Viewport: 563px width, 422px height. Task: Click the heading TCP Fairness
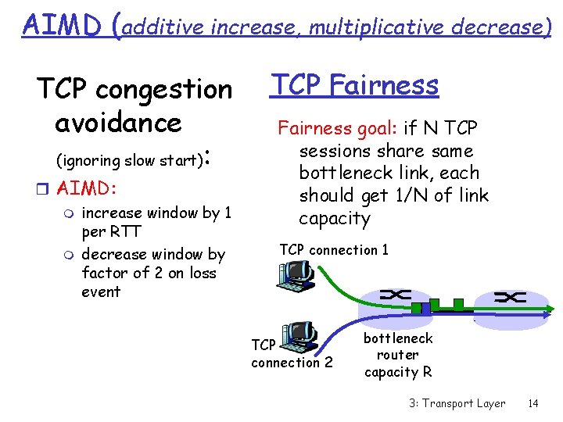point(353,84)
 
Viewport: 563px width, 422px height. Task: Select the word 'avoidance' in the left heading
point(118,122)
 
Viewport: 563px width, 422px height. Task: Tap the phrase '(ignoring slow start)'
point(130,160)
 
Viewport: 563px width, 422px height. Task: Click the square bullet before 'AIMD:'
point(46,189)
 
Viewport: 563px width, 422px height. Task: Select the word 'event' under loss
point(101,291)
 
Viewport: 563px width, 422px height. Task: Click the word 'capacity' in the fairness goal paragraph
point(334,217)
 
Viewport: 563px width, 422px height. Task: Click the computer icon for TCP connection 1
point(296,274)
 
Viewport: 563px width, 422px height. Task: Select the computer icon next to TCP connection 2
point(297,336)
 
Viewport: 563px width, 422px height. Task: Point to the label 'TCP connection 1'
point(333,250)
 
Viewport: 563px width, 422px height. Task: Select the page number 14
point(533,403)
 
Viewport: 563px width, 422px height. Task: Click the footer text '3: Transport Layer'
point(457,403)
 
